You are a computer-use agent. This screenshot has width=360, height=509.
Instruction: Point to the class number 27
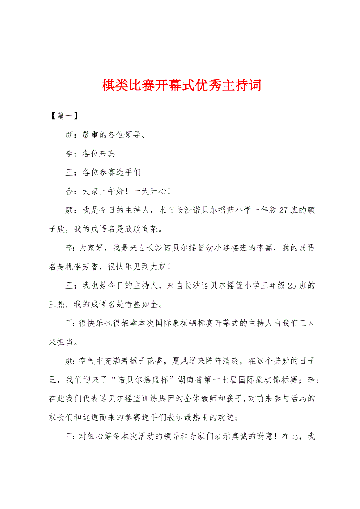(x=284, y=210)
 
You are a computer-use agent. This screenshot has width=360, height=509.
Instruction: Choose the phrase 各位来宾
(x=99, y=154)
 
